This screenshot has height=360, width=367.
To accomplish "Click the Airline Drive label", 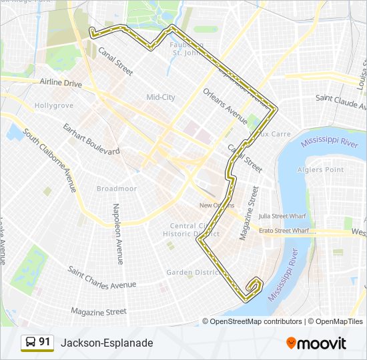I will [x=60, y=84].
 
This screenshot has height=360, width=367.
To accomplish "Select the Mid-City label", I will [x=161, y=97].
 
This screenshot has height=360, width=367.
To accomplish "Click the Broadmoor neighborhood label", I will [x=117, y=189].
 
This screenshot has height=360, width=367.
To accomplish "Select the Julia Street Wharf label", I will [x=284, y=216].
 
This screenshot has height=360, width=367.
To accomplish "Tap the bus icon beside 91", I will [x=31, y=343].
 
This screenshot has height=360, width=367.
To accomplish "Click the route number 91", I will [x=45, y=342].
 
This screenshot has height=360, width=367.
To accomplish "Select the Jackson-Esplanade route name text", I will [x=107, y=343].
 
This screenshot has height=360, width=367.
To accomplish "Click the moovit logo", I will [x=316, y=343].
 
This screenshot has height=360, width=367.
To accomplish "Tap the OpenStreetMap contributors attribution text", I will [x=252, y=321].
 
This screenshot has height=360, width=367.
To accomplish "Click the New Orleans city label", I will [x=216, y=205].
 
